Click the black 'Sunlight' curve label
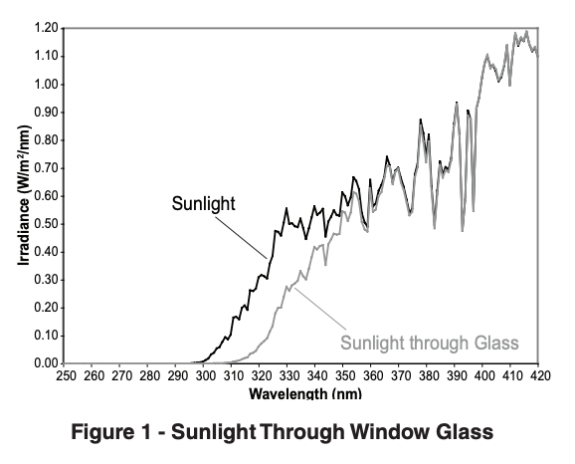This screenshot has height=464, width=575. click(203, 204)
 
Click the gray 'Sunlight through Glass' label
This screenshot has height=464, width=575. click(431, 344)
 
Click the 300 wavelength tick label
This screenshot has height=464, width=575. click(204, 375)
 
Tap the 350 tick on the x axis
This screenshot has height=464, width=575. click(343, 375)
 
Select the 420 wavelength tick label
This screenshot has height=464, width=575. click(538, 375)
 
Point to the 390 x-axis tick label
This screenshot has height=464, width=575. click(455, 375)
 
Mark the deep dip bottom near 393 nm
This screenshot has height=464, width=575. click(462, 229)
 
